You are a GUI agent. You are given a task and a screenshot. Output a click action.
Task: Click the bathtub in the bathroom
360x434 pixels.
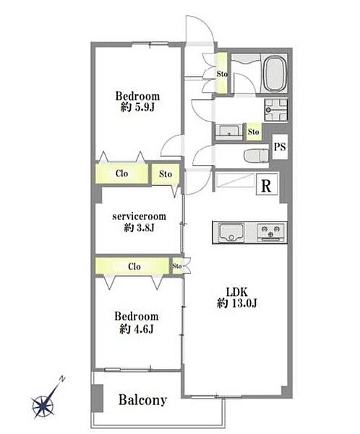click(275, 74)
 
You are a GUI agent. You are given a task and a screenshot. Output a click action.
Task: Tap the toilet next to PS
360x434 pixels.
click(257, 156)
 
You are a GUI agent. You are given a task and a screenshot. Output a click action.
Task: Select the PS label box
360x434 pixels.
click(280, 147)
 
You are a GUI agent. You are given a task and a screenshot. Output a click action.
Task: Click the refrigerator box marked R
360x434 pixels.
click(266, 184)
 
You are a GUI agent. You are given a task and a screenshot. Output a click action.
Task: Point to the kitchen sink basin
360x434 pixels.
click(231, 232)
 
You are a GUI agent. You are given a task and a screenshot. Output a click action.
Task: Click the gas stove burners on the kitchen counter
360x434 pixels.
click(271, 231)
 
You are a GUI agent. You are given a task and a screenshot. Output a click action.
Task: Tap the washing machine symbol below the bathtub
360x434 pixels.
click(275, 110)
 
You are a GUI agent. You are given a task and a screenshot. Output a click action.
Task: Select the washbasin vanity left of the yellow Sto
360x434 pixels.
click(229, 132)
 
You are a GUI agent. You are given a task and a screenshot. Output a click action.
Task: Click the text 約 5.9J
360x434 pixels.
click(137, 107)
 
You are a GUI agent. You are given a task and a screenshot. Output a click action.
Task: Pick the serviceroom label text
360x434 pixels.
click(140, 216)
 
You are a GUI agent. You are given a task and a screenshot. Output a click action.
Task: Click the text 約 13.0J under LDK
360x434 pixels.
click(237, 304)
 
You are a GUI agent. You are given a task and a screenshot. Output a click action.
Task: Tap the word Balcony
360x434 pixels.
click(143, 400)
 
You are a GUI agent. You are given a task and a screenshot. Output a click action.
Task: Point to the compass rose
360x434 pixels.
click(43, 407)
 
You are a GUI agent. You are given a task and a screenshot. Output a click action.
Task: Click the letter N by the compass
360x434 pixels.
click(63, 378)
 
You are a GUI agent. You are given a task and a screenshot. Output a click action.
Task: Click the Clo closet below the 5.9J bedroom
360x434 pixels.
click(121, 174)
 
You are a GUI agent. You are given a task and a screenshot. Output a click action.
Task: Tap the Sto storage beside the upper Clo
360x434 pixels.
click(166, 174)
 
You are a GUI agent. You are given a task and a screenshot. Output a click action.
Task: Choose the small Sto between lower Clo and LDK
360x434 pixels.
click(177, 266)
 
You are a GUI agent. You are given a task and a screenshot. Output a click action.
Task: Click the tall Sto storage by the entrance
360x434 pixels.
click(222, 73)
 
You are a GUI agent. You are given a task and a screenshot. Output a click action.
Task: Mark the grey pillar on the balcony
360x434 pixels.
click(97, 399)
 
